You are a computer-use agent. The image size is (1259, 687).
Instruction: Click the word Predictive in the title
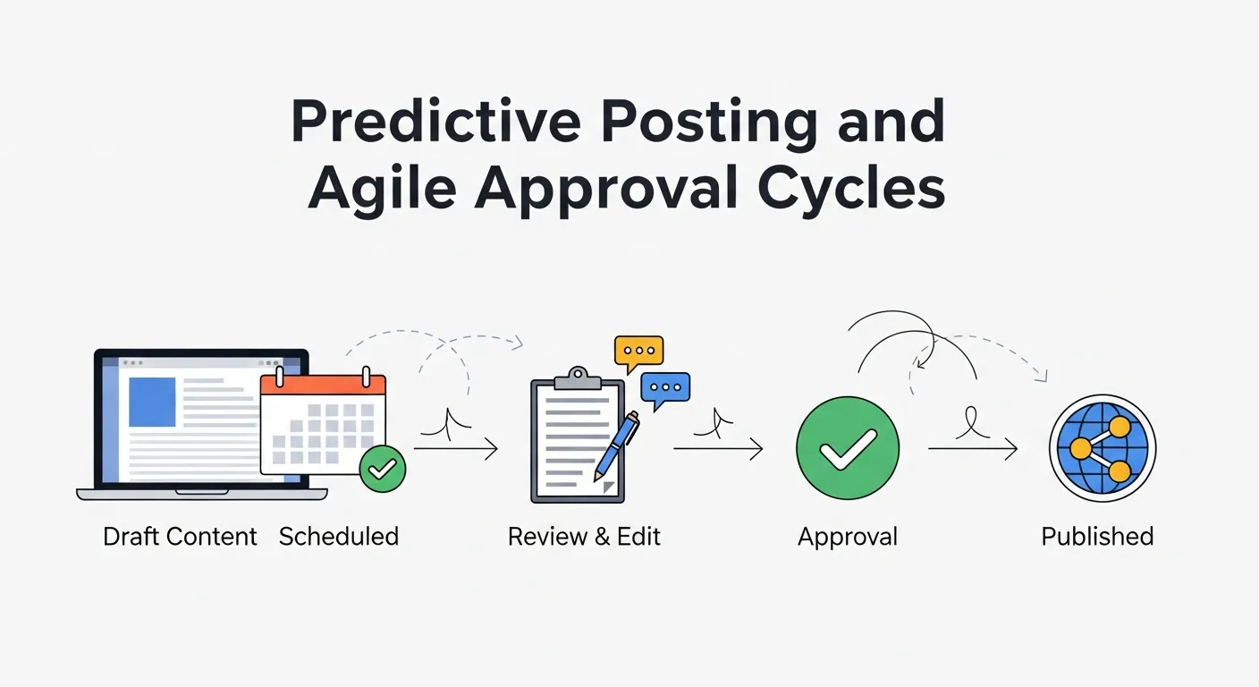[436, 122]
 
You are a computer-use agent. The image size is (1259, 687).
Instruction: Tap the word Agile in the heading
[382, 187]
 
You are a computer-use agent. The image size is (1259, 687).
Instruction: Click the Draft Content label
[180, 537]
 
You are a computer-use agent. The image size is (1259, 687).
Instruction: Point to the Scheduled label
[339, 537]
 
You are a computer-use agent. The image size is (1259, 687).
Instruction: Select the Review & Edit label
[584, 537]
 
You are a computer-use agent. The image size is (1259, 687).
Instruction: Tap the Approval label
[848, 538]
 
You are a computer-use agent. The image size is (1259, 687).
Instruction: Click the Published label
[1097, 537]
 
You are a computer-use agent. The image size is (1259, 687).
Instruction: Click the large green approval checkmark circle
[848, 448]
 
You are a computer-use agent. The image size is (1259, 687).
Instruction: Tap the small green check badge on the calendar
[382, 469]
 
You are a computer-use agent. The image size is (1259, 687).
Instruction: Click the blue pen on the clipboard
[617, 446]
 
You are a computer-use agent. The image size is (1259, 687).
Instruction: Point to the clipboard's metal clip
[578, 379]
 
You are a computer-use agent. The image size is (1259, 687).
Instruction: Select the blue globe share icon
[1103, 448]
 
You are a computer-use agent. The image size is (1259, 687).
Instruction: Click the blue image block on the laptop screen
[152, 402]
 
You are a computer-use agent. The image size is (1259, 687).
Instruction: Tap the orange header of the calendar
[323, 385]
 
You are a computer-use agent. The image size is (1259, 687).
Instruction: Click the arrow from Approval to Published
[973, 449]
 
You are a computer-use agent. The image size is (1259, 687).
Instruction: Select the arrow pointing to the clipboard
[456, 449]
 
